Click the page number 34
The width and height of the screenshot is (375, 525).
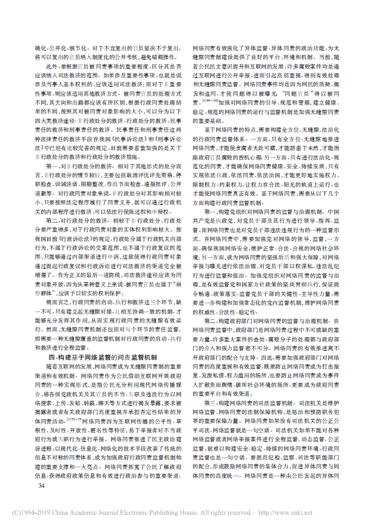point(41,485)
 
